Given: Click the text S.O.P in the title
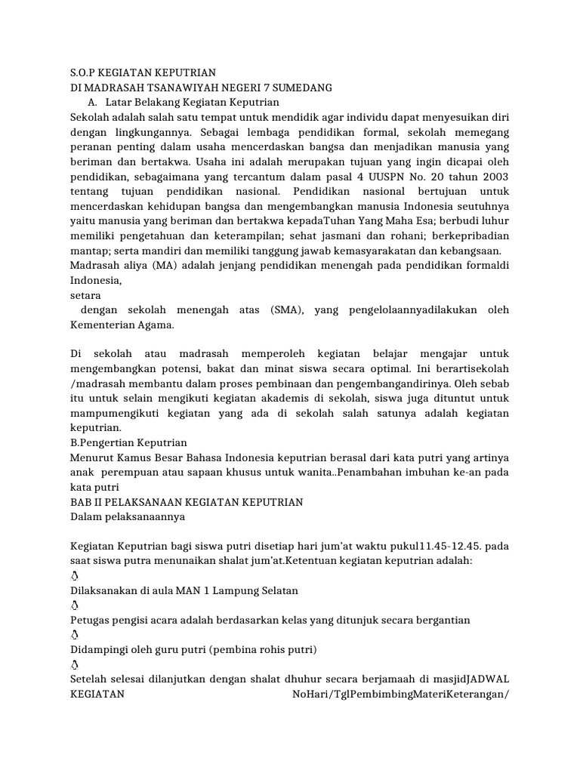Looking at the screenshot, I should [x=85, y=72].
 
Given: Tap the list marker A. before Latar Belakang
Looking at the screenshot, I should [x=93, y=102].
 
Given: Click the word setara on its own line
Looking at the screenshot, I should [x=85, y=295].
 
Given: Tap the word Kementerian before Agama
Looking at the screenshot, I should [x=106, y=325].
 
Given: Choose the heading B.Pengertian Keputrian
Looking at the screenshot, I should [x=128, y=443].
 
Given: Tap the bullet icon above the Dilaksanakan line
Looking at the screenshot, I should [x=73, y=576].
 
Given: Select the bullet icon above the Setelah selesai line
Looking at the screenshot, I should [x=73, y=664].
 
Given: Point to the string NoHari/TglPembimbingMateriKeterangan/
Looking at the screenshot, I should [x=400, y=694].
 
